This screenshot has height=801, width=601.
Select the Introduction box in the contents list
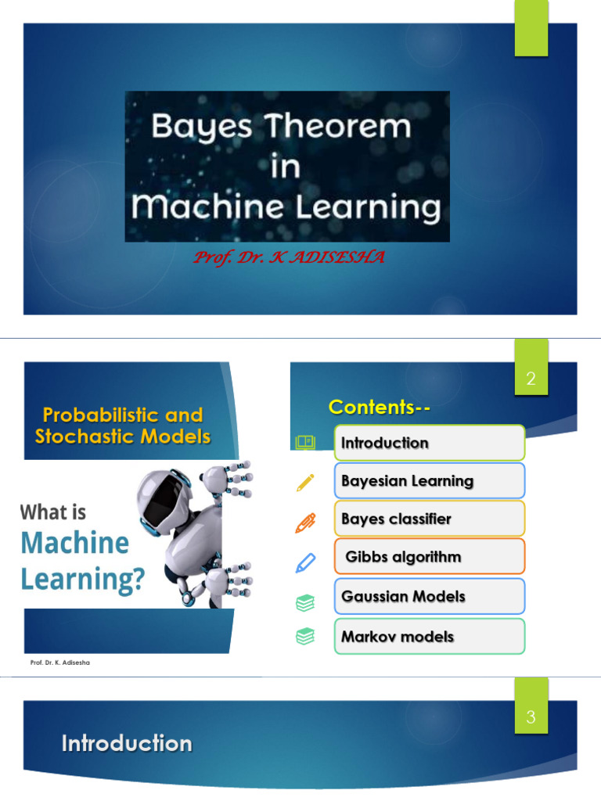point(429,443)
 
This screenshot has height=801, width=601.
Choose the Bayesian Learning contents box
point(429,480)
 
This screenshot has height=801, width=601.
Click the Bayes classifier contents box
point(429,519)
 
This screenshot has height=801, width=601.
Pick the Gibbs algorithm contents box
point(429,557)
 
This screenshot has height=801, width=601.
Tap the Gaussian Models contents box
point(429,596)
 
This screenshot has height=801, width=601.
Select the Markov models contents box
point(429,636)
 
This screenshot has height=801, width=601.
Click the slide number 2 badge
point(531,379)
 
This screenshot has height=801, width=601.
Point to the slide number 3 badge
point(531,717)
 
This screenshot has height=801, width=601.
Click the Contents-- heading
point(380,407)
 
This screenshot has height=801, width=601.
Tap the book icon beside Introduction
point(305,443)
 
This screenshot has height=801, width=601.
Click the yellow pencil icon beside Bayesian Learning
point(305,481)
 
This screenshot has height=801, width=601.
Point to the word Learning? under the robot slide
point(83,579)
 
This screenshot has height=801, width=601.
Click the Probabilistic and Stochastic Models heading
point(123,426)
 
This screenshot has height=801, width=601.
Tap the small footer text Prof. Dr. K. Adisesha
point(60,664)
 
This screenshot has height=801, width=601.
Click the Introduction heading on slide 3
point(127,743)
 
